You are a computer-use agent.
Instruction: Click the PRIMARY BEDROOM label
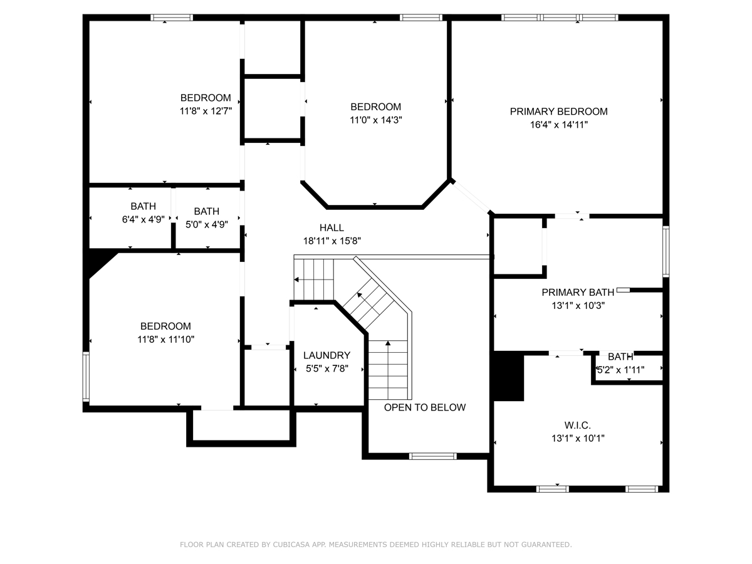[558, 112]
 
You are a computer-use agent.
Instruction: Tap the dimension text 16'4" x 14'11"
[559, 125]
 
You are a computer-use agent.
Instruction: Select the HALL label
[332, 227]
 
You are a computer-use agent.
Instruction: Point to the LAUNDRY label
[327, 355]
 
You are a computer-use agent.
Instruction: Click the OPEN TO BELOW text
[425, 407]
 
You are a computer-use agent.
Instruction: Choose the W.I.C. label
[578, 426]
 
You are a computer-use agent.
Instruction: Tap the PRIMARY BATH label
[578, 292]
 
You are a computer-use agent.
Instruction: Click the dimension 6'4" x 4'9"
[144, 219]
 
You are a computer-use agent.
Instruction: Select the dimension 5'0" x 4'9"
[207, 224]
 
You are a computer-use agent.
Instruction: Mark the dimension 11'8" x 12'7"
[206, 111]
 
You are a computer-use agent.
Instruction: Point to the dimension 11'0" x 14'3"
[375, 120]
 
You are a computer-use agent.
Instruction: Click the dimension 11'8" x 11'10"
[166, 340]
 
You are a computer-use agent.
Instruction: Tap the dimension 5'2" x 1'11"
[620, 370]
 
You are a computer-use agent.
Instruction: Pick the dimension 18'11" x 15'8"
[332, 241]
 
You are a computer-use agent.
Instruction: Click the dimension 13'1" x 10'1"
[578, 438]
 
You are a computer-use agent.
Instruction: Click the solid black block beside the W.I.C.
[508, 377]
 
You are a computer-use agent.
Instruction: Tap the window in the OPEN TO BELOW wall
[432, 456]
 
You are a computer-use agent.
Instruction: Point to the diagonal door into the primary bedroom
[472, 197]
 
